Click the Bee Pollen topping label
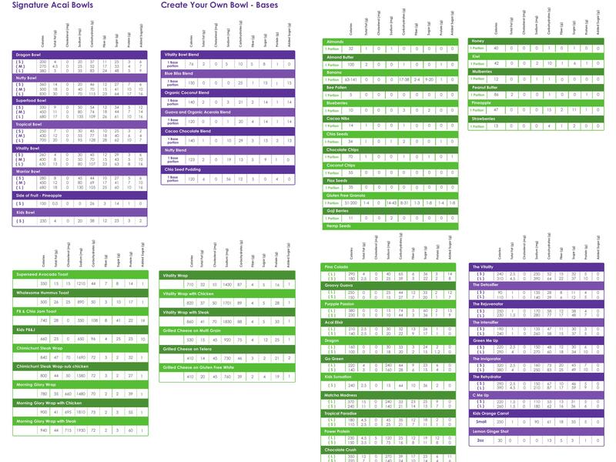[336, 88]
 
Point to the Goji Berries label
[338, 210]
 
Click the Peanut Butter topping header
[490, 87]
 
